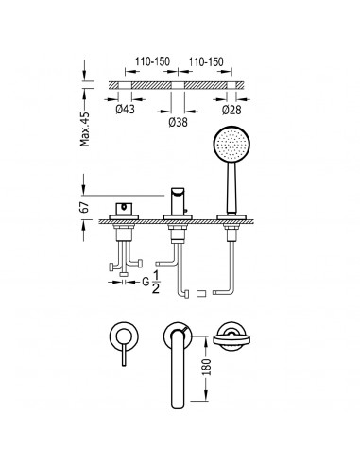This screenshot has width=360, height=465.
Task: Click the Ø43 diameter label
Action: tap(125, 109)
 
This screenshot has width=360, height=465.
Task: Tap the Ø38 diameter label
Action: tap(178, 122)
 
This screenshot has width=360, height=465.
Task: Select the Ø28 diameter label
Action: tap(231, 110)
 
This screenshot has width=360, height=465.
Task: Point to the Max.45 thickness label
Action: tap(85, 129)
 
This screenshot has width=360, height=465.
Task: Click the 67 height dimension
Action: tap(84, 208)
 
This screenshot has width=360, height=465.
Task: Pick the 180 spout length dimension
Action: tap(207, 367)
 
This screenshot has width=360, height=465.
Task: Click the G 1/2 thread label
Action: tap(151, 283)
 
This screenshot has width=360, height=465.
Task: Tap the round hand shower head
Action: tap(231, 145)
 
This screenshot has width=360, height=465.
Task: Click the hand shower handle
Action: tap(231, 188)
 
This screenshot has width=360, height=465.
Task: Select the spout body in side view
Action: tap(178, 201)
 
